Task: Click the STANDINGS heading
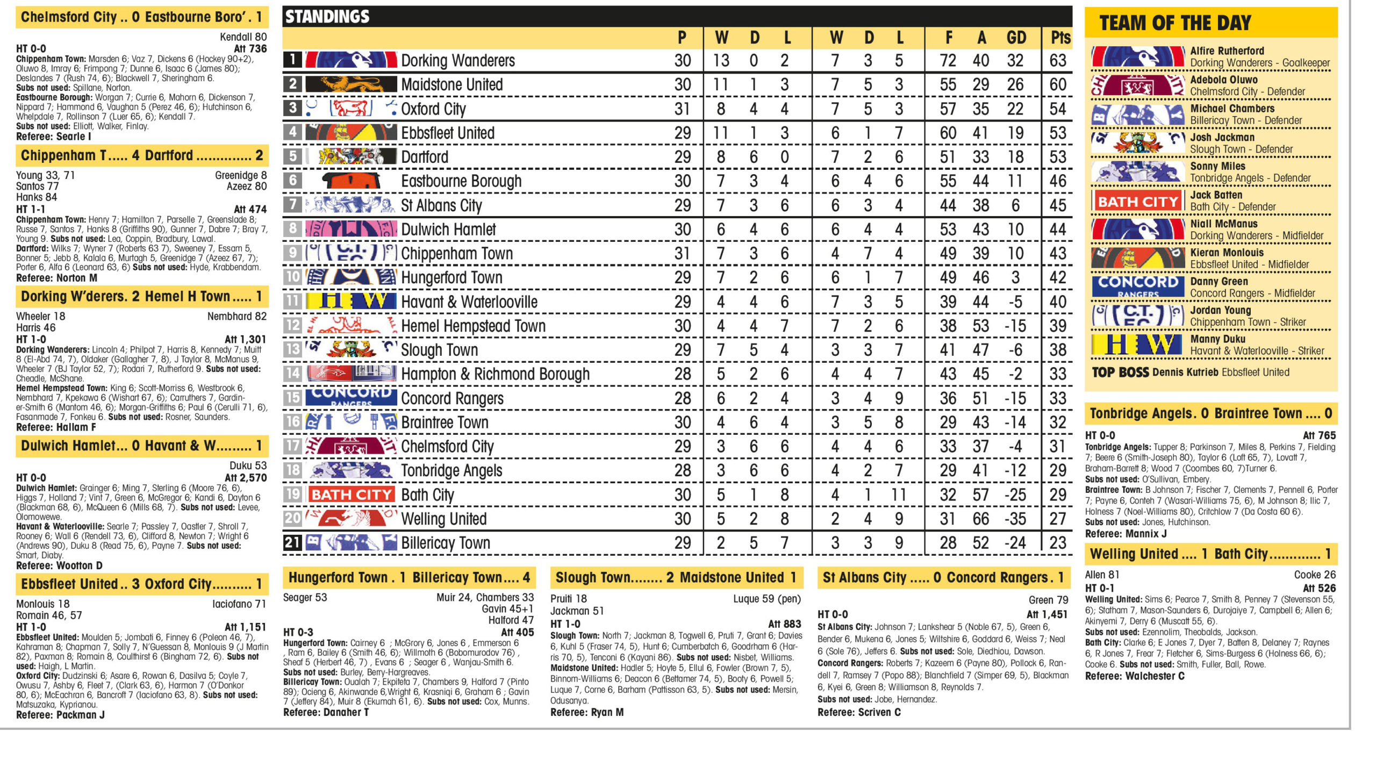point(327,17)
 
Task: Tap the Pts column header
point(1059,38)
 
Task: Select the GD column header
point(1016,38)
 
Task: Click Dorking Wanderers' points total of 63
point(1057,61)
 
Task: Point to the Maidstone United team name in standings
point(451,84)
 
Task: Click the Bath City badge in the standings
point(351,494)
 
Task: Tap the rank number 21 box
point(292,543)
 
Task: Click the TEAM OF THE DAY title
point(1175,23)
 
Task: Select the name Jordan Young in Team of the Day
point(1220,310)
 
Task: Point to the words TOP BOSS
point(1120,372)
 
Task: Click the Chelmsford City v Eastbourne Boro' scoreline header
point(141,17)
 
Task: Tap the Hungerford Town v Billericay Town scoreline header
point(408,578)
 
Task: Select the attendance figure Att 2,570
point(245,477)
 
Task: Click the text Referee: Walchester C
point(1134,676)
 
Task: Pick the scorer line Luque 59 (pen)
point(766,599)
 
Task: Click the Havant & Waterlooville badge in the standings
point(351,301)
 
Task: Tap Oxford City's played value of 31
point(682,109)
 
